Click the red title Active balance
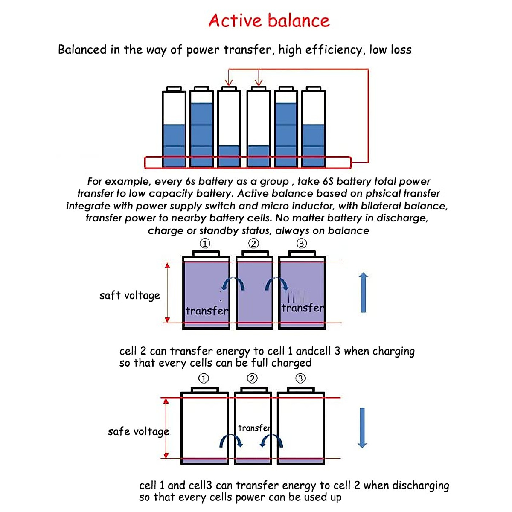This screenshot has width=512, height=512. coord(269,20)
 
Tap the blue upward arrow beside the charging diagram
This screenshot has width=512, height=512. coord(363,293)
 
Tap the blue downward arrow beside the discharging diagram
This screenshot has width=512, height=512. coord(362,428)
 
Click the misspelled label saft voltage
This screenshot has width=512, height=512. coord(130,295)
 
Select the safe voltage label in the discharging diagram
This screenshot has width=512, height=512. coord(138,432)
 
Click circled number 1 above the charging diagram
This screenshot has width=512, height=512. coord(205,243)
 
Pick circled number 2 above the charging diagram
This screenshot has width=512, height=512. coord(253,243)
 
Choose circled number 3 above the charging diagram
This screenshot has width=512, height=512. coord(302,243)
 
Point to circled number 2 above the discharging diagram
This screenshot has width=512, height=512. coord(252,378)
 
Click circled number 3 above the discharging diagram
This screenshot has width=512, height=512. coord(300,378)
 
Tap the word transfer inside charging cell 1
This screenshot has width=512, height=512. coord(207,311)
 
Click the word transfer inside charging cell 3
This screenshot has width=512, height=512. coord(303,308)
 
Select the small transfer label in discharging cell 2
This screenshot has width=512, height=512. coord(254,428)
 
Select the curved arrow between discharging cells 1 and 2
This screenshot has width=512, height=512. coord(231,441)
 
